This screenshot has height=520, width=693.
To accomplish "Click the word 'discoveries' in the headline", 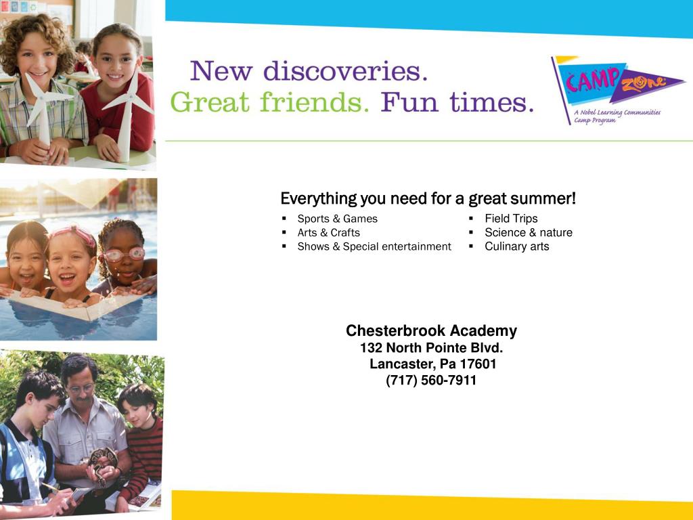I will tap(345, 71).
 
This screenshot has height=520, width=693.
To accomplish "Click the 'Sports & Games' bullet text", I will tap(337, 219).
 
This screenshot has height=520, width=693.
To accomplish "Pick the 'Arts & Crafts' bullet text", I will tap(328, 232).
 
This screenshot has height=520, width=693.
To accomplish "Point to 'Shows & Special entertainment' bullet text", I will tap(374, 246).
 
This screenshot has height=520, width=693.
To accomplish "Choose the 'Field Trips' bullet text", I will tap(511, 219).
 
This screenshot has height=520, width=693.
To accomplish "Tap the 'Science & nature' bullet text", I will tap(528, 232).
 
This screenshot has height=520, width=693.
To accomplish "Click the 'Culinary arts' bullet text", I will tap(516, 246).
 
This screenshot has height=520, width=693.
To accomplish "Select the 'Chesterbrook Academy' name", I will tap(431, 331).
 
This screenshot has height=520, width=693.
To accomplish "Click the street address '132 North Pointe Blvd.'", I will tap(431, 348).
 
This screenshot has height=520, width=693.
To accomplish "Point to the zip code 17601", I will tap(478, 364).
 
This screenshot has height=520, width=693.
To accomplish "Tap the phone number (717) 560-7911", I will tap(431, 381).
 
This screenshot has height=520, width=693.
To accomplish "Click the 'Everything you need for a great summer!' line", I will tap(428, 199).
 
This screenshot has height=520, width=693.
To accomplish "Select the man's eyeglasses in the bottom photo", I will tap(81, 388).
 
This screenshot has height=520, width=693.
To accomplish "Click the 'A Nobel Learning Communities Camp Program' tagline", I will tap(617, 116).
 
